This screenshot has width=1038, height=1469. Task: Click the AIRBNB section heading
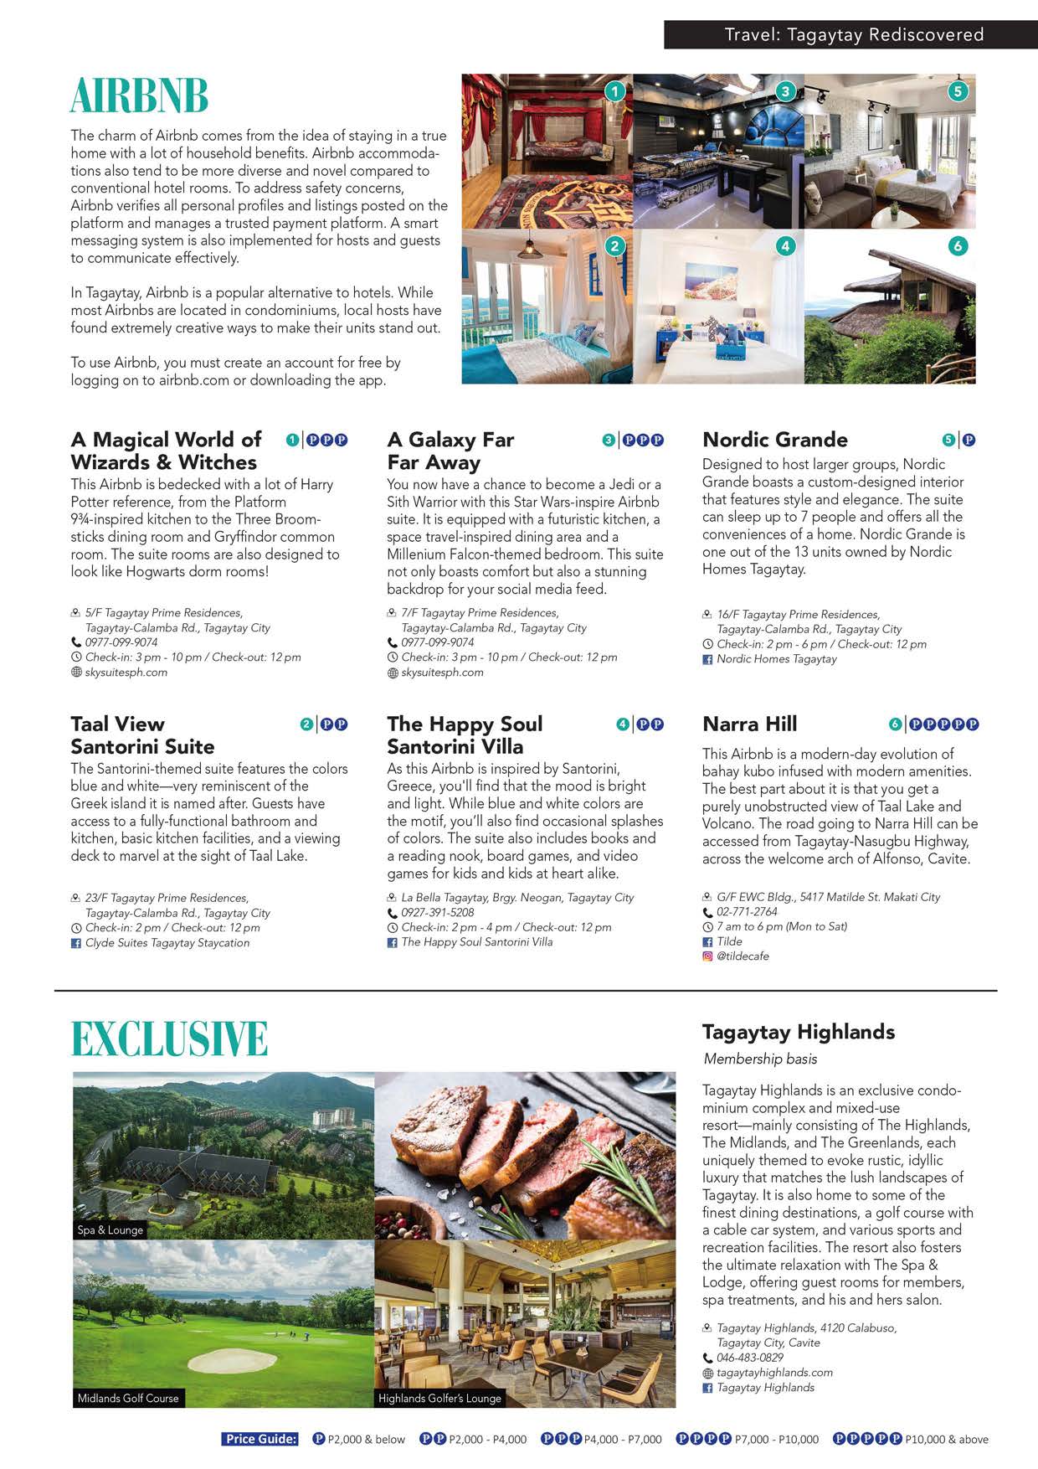point(139,96)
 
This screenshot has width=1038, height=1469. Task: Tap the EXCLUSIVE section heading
point(169,1039)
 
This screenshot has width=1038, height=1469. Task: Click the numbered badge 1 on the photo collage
point(615,90)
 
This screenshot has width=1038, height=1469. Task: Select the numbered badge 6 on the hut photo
point(958,245)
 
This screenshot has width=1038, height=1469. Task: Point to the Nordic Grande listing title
point(775,440)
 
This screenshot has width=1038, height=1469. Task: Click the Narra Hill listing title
point(750,724)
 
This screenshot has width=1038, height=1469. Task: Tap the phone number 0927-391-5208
point(437,913)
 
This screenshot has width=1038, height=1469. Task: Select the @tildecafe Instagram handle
point(743,956)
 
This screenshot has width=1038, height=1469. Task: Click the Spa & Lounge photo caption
point(110,1229)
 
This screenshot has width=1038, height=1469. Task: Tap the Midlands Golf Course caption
point(128,1398)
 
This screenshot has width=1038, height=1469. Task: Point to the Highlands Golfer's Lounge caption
point(439,1398)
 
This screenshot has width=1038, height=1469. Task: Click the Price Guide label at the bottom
point(260,1439)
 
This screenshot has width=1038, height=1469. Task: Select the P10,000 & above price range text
point(946,1440)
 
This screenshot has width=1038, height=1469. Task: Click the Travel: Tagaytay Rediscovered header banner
point(853,35)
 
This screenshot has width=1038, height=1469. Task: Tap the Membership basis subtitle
point(760,1059)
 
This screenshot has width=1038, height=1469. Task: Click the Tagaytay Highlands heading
point(799,1032)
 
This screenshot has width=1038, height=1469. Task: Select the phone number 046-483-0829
point(750,1358)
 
